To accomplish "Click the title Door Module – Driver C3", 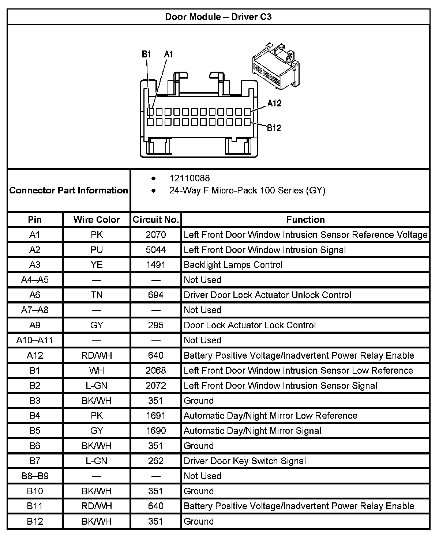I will click(218, 17).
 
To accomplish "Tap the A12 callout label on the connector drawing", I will click(274, 103).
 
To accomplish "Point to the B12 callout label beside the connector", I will click(274, 128).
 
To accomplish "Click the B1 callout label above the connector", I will click(146, 54).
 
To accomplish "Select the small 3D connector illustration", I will click(275, 66).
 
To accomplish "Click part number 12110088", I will click(190, 178).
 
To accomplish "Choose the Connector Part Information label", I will click(69, 190).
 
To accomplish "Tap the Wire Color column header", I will click(97, 219).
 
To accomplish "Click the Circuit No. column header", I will click(156, 219).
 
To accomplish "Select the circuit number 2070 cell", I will click(156, 235).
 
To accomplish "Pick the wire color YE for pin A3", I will click(97, 265).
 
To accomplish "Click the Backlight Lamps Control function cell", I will click(233, 265).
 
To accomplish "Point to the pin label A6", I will click(35, 295).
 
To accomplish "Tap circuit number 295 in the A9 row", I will click(156, 325).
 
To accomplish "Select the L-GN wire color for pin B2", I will click(97, 385).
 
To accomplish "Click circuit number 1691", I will click(156, 416).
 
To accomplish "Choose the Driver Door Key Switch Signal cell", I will click(245, 461).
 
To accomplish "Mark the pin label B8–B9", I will click(35, 476).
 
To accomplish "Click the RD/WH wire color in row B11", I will click(97, 506).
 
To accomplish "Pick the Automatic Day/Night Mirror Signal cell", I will click(252, 431).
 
